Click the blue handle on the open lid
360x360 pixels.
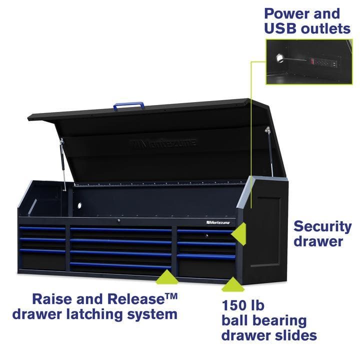(x=128, y=105)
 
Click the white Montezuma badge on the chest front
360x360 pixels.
(x=218, y=221)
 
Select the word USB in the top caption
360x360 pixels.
(x=281, y=28)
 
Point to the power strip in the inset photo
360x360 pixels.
(x=323, y=62)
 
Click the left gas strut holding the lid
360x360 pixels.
(x=62, y=162)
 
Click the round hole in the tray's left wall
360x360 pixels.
(x=79, y=205)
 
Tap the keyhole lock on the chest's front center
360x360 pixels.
(x=118, y=220)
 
